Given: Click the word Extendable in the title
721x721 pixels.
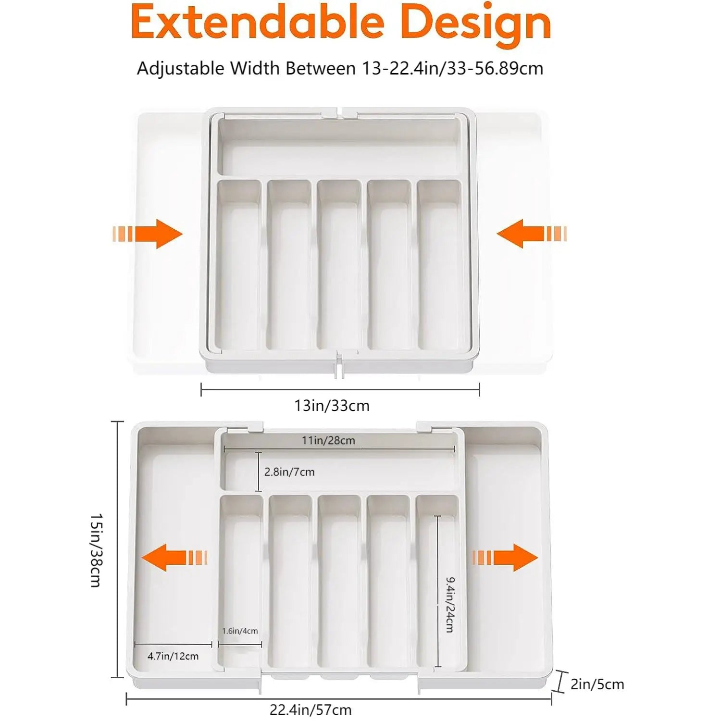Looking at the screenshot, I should point(257,23).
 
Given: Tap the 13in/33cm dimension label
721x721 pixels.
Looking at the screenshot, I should point(332,406).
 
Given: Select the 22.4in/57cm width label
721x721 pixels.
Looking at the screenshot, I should point(310,709).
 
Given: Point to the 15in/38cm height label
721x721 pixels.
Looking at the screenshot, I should point(96,550).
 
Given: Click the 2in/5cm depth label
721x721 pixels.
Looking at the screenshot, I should point(597,684).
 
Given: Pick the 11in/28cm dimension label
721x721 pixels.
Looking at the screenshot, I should point(328,440).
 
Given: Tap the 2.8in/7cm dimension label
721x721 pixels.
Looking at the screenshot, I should point(289,472).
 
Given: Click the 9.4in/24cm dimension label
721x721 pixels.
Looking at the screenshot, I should point(450,605).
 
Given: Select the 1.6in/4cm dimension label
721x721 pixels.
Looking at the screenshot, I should point(240,631).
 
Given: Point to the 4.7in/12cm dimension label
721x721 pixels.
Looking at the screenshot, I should point(173,656).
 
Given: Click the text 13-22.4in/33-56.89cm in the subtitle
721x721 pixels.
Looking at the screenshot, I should point(452,68).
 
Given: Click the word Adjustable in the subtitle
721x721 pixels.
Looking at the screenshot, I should point(181,68).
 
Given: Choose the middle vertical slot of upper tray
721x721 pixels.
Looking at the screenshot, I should point(339,264).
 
